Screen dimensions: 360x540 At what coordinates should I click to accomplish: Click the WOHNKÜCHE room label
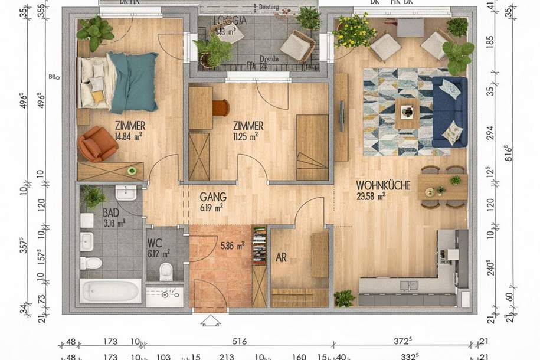[383, 185]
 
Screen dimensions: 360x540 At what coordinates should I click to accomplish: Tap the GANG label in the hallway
[212, 197]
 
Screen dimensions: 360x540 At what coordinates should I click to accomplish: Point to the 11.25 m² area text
[246, 136]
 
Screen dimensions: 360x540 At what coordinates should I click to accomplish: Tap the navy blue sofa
[449, 112]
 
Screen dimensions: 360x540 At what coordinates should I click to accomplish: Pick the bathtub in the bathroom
[111, 290]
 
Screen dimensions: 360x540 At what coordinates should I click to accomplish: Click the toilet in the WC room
[166, 271]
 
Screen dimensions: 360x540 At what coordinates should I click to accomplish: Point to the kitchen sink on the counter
[408, 286]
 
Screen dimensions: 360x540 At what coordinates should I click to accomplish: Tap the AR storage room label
[282, 258]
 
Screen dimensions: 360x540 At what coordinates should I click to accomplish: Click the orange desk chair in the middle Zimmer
[221, 107]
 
